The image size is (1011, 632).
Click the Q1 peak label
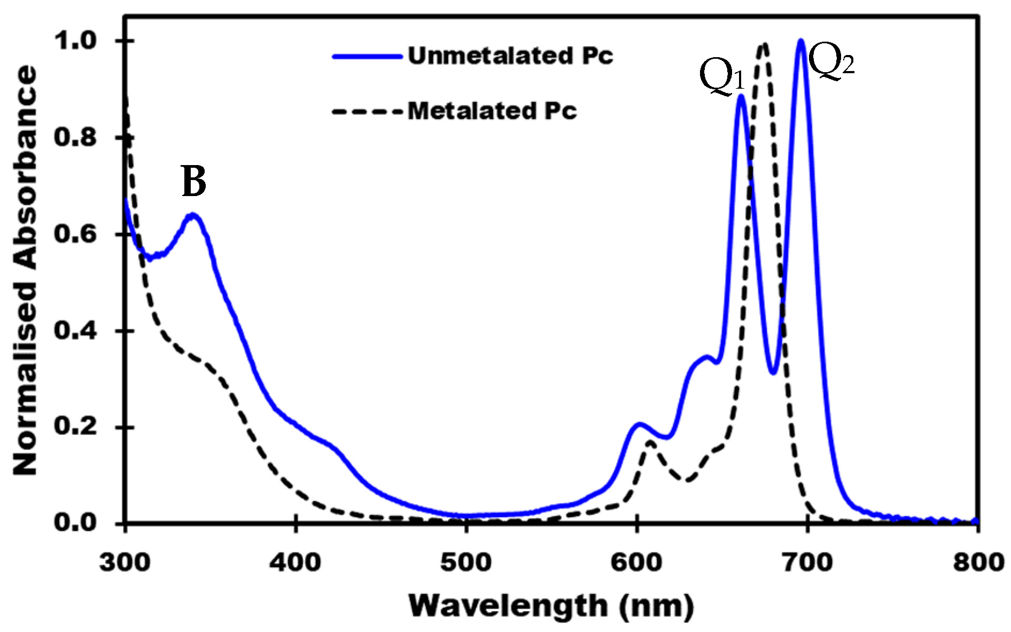click(x=721, y=79)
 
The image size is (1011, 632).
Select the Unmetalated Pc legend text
click(x=510, y=56)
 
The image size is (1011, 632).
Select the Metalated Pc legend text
click(x=492, y=111)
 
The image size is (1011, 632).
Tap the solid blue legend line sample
click(x=367, y=56)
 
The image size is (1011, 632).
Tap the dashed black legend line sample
click(x=367, y=112)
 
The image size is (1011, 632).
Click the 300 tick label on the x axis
click(x=125, y=563)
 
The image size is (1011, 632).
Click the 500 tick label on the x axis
click(x=466, y=563)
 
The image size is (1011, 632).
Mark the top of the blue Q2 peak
click(x=800, y=41)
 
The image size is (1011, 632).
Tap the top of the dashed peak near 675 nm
click(x=764, y=44)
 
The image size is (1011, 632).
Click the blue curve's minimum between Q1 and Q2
click(x=773, y=372)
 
